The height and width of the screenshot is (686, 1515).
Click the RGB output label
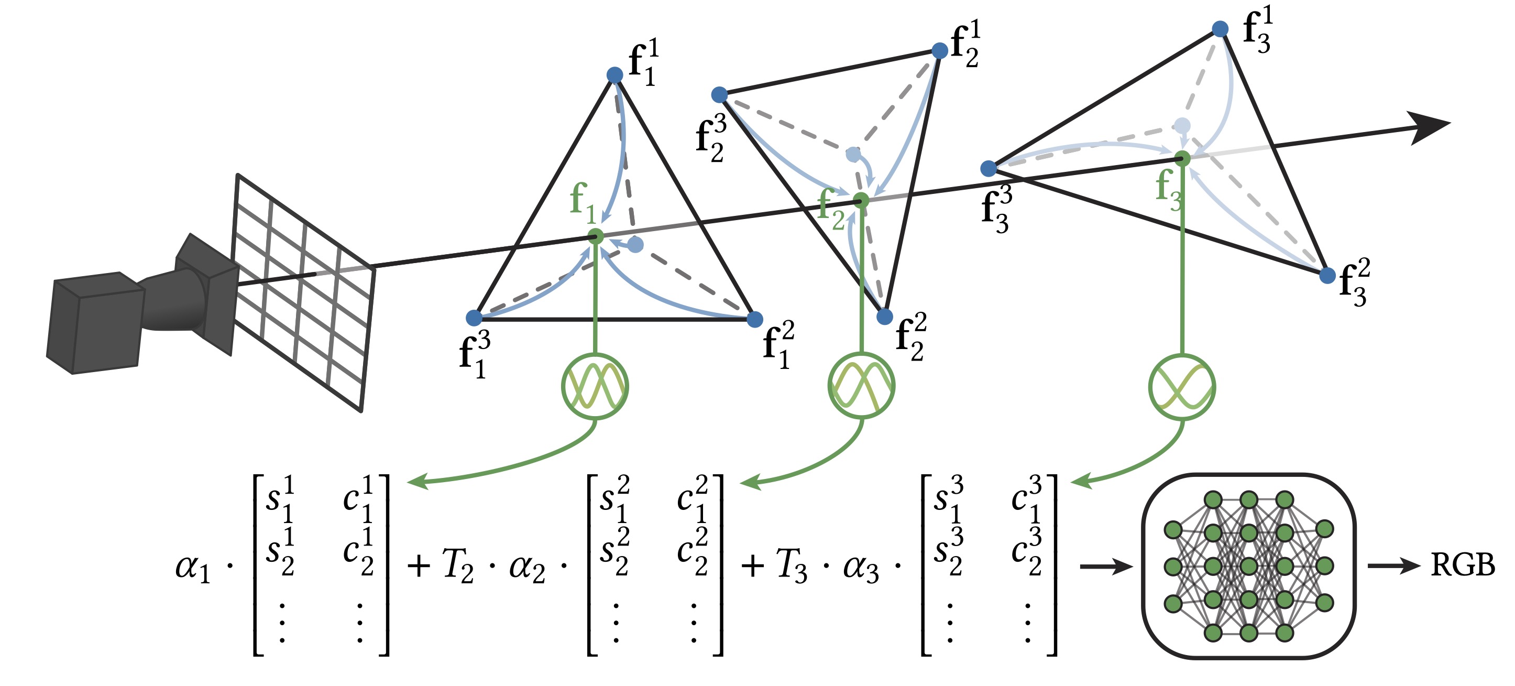tap(1462, 565)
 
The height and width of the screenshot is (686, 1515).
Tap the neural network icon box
tap(1248, 566)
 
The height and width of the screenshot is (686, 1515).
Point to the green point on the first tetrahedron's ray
tap(596, 236)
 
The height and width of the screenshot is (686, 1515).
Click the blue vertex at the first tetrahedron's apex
tap(614, 75)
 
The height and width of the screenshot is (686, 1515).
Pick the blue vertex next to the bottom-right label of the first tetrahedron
tap(754, 320)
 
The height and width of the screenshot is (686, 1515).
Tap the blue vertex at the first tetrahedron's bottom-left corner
tap(474, 318)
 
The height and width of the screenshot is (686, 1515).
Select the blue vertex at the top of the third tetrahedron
tap(1221, 29)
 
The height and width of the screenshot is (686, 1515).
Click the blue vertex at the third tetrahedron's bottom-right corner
tap(1327, 275)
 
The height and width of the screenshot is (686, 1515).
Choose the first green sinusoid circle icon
tap(595, 387)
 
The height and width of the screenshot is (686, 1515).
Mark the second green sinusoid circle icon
tap(862, 386)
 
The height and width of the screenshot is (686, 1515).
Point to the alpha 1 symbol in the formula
tap(193, 568)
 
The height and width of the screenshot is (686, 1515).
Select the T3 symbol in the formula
tap(792, 566)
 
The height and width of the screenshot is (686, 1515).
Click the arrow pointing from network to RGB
tap(1394, 566)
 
